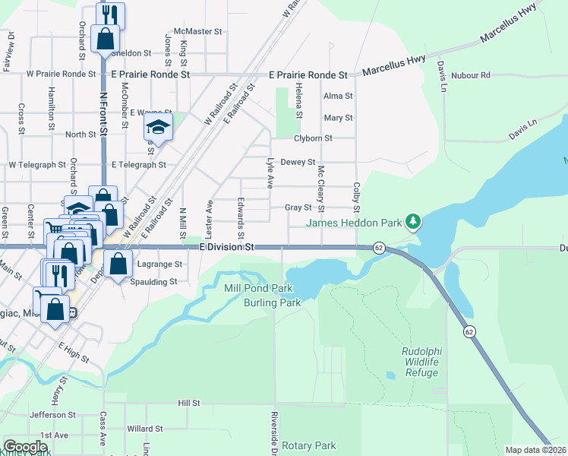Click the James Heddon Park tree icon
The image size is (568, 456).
[x=413, y=222]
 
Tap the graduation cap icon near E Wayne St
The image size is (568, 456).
[x=158, y=126]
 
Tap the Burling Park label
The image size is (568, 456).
[x=272, y=302]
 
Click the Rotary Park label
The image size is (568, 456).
[x=308, y=445]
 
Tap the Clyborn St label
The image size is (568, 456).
[x=313, y=138]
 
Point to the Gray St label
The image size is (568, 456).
[x=298, y=207]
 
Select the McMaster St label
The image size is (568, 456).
[x=197, y=32]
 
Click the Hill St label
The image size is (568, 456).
[x=188, y=403]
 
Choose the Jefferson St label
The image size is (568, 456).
[x=53, y=415]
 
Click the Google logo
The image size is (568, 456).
[x=25, y=447]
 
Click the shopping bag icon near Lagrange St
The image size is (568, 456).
[x=118, y=265]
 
